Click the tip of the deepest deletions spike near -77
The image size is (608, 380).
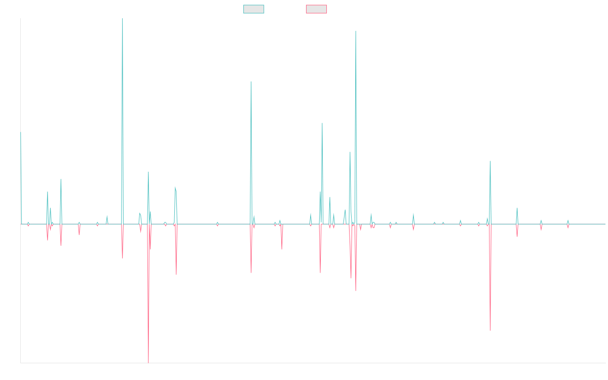[148, 362]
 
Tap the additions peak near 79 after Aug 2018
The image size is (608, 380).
[251, 82]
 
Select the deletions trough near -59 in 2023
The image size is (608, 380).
[490, 330]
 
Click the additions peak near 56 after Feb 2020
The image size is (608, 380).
[322, 123]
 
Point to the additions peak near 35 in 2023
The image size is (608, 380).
[490, 161]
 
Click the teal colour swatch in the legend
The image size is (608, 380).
[253, 9]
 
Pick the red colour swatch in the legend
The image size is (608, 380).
[316, 9]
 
